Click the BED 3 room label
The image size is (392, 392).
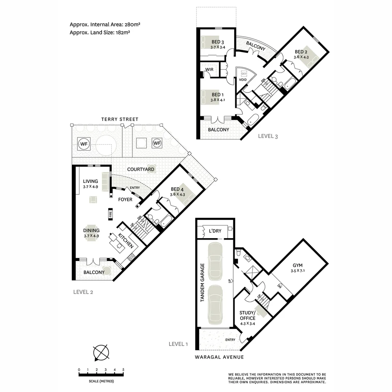(x=217, y=42)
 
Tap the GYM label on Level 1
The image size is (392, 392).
(x=297, y=265)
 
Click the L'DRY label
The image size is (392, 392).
(x=211, y=231)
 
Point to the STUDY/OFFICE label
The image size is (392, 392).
(x=247, y=315)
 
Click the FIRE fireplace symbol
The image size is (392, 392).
(x=110, y=215)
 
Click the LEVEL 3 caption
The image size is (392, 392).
(x=268, y=136)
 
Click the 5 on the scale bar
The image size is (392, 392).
(x=123, y=370)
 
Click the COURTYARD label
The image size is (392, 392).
(x=140, y=170)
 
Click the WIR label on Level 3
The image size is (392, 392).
(x=209, y=69)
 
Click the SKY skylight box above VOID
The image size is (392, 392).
(x=244, y=73)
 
